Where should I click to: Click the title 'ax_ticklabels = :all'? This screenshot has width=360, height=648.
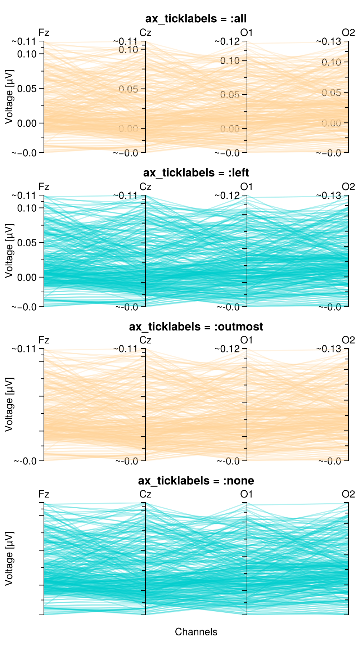point(196,19)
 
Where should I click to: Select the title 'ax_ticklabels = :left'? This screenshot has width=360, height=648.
point(196,173)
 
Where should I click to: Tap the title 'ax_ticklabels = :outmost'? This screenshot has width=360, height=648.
point(196,327)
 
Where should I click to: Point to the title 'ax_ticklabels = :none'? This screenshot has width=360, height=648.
point(196,481)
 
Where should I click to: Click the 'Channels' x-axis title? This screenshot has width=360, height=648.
point(196,632)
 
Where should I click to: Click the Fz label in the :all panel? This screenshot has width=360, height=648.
point(44,33)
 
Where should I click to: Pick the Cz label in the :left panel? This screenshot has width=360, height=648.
point(145,187)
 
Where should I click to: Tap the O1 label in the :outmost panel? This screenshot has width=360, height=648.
point(247,340)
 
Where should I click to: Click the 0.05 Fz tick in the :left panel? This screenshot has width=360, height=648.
point(27,243)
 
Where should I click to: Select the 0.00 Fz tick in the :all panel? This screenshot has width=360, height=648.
point(27,123)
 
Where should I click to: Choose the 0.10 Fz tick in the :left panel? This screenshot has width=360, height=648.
point(27,208)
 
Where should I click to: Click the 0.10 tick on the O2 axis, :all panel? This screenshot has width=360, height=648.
point(331,62)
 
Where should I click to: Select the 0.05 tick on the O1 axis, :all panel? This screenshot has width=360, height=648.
point(230,95)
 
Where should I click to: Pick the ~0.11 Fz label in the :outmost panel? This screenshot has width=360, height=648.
point(26,349)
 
